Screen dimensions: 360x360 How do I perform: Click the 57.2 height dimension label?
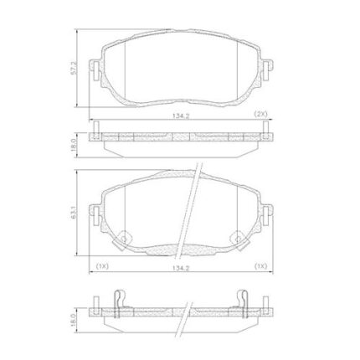coord(74,68)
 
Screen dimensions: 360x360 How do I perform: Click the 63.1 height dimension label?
coord(74,212)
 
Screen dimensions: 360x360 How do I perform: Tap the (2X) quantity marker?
coord(261,114)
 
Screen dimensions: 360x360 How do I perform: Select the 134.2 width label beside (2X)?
coord(181,116)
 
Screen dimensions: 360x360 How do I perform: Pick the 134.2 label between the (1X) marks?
coord(181,268)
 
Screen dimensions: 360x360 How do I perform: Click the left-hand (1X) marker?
coord(102,266)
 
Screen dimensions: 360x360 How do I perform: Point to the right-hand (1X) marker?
coord(261,266)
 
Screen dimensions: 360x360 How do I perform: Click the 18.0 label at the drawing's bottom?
coord(74,320)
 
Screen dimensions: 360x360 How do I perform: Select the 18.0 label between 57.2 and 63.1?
coord(74,145)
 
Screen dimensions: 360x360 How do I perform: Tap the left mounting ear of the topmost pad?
coord(95,70)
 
